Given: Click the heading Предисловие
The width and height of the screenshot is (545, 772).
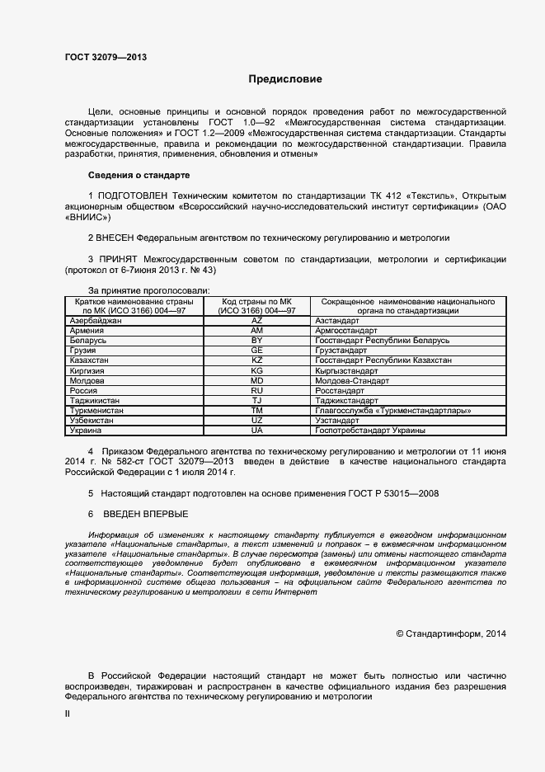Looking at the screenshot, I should [x=285, y=79].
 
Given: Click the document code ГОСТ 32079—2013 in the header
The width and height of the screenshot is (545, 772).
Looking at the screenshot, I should [x=106, y=57].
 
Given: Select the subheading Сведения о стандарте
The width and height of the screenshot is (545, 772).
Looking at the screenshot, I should [x=139, y=176].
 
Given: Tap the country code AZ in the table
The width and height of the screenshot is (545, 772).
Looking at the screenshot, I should [x=256, y=319].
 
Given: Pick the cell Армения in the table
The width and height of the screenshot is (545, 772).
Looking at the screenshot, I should [x=87, y=330].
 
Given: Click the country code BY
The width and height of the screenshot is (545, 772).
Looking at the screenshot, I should [x=256, y=340].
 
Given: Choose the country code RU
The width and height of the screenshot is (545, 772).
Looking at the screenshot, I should [x=256, y=390].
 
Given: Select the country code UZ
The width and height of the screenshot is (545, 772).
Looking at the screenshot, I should [x=256, y=420].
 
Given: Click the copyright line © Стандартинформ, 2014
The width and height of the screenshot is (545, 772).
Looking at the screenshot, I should [x=450, y=633].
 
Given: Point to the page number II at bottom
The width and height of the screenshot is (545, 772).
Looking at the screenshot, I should [x=68, y=714].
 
